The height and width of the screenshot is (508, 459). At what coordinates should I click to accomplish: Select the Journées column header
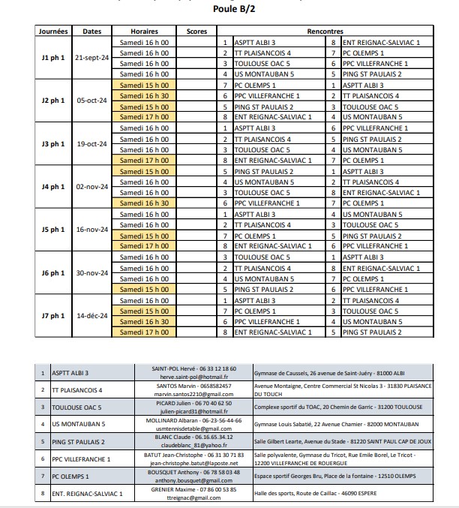coord(54,32)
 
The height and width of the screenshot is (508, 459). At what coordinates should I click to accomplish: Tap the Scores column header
coord(197,32)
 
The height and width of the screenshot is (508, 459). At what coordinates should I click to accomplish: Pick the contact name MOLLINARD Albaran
coord(178,420)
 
